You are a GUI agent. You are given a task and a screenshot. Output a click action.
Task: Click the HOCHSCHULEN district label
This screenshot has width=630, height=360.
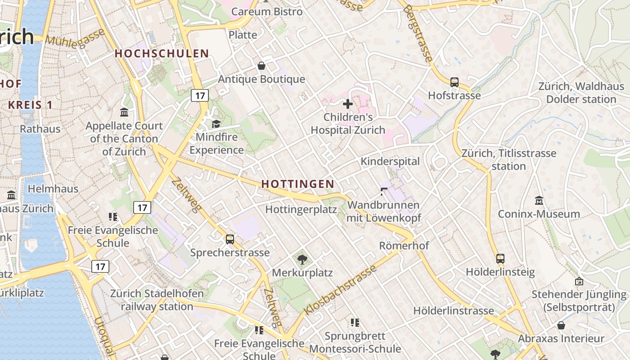pyautogui.click(x=162, y=54)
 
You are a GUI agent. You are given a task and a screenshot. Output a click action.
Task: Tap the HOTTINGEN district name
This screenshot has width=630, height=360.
pyautogui.click(x=298, y=184)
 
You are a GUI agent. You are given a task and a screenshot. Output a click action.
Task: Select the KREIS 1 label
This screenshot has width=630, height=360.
pyautogui.click(x=30, y=105)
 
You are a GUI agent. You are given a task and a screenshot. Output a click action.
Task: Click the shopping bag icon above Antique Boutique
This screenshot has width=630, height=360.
pyautogui.click(x=261, y=66)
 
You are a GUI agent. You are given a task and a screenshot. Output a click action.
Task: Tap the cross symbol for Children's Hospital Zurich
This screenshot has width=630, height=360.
pyautogui.click(x=348, y=104)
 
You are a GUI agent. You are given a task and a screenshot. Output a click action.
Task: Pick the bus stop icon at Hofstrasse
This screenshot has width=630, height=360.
pyautogui.click(x=454, y=82)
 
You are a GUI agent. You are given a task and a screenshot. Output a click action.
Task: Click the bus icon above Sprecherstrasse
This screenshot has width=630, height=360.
pyautogui.click(x=230, y=239)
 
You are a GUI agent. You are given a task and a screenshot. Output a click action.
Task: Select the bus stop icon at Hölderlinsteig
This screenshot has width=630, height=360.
pyautogui.click(x=500, y=259)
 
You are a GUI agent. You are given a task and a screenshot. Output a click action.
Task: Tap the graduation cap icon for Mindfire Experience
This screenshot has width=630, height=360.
pyautogui.click(x=216, y=124)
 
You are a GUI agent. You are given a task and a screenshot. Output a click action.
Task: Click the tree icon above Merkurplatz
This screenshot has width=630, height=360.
pyautogui.click(x=302, y=259)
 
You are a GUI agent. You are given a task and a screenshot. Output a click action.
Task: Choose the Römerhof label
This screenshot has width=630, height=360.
pyautogui.click(x=404, y=246)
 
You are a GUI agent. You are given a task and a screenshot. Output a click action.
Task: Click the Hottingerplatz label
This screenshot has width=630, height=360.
pyautogui.click(x=301, y=209)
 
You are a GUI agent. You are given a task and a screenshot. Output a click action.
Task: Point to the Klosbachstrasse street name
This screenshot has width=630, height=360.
pyautogui.click(x=340, y=290)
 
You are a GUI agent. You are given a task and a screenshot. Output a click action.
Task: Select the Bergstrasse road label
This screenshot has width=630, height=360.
pyautogui.click(x=418, y=34)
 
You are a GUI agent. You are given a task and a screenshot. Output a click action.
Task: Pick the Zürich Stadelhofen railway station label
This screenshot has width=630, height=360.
pyautogui.click(x=157, y=300)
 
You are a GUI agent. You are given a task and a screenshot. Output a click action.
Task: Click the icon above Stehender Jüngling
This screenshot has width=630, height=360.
pyautogui.click(x=579, y=282)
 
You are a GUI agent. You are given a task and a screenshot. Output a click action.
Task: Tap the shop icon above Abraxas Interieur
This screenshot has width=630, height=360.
pyautogui.click(x=561, y=325)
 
